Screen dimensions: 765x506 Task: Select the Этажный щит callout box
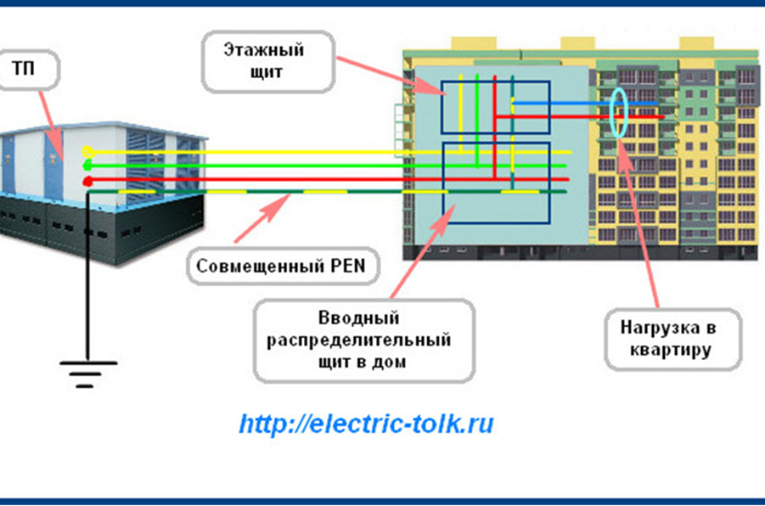coord(267,61)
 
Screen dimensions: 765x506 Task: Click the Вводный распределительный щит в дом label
coord(364,340)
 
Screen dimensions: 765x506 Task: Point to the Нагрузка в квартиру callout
coord(672,339)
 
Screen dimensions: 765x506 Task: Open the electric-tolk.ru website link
coord(366,424)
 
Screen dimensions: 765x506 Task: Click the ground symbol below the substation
coord(87,374)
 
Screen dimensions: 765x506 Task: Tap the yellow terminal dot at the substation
coord(88,152)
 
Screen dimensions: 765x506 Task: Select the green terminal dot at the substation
coord(87,166)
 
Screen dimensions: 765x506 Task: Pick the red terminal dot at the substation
coord(87,182)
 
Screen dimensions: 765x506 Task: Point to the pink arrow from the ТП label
coord(51,126)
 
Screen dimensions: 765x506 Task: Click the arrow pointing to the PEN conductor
coord(262,217)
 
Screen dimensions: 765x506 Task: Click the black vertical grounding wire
coord(87,277)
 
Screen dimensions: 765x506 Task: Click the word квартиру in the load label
coord(670,351)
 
